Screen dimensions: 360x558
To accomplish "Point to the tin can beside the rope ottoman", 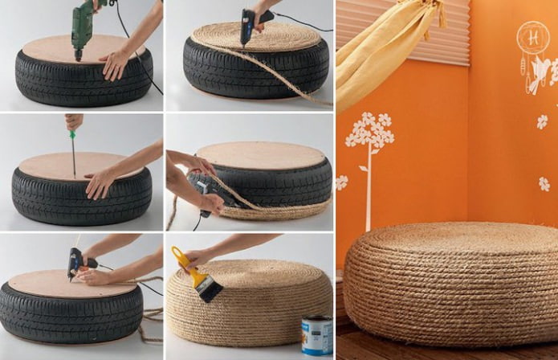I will pos(316,335).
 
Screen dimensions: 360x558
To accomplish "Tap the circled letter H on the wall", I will pos(533,37).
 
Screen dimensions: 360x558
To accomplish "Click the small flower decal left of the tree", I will pos(342,182).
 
